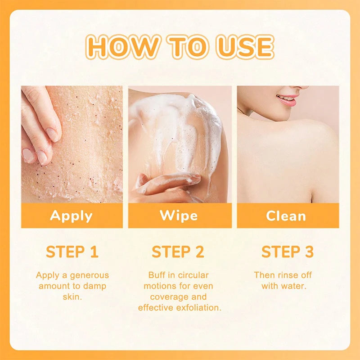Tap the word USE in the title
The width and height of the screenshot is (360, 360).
pyautogui.click(x=245, y=47)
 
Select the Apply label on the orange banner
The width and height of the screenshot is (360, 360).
pyautogui.click(x=71, y=216)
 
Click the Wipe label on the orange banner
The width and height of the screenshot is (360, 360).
pyautogui.click(x=179, y=216)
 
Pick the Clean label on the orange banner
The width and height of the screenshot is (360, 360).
pyautogui.click(x=286, y=216)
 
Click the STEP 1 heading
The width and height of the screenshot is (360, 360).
pyautogui.click(x=72, y=252)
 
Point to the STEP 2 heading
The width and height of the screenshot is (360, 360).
pyautogui.click(x=178, y=252)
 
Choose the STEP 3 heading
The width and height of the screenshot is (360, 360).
pyautogui.click(x=288, y=252)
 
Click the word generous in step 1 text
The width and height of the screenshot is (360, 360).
pyautogui.click(x=90, y=275)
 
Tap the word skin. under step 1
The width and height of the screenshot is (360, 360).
pyautogui.click(x=72, y=297)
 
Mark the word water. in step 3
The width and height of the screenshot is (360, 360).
pyautogui.click(x=294, y=286)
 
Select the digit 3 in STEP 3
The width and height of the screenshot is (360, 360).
pyautogui.click(x=309, y=252)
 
